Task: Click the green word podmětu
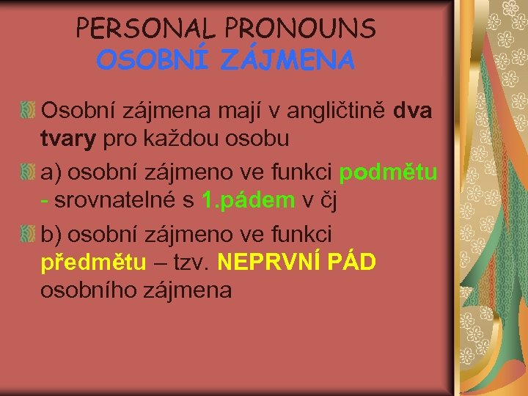pos(389,172)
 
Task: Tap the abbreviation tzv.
pos(191,261)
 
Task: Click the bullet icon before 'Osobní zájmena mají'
pos(28,112)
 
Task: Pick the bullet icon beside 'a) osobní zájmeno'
pos(28,173)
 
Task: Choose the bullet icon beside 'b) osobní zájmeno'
pos(28,235)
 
